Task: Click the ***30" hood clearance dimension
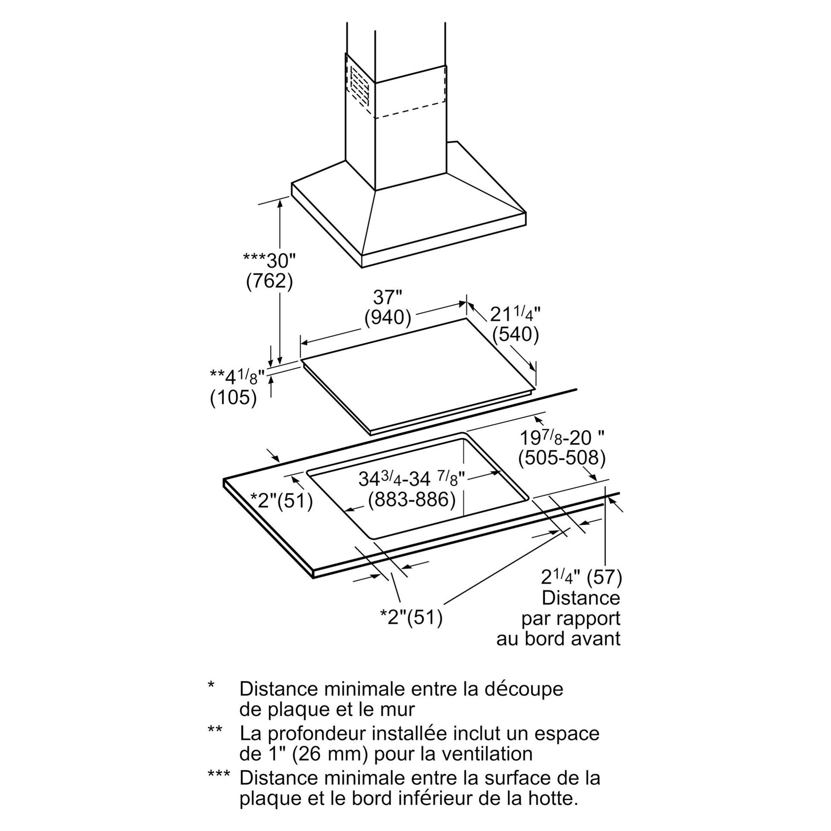point(269,261)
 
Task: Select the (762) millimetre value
point(269,281)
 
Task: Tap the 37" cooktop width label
point(387,297)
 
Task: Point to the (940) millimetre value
point(387,318)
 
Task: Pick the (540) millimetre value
point(515,335)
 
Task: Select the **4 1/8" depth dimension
point(237,377)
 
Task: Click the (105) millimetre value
point(233,397)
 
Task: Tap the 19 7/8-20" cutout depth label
point(561,438)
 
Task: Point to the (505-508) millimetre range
point(561,458)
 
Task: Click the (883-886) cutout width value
point(412,500)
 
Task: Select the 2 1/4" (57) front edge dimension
point(581,577)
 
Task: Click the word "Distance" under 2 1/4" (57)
point(581,598)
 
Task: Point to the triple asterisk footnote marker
point(219,774)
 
